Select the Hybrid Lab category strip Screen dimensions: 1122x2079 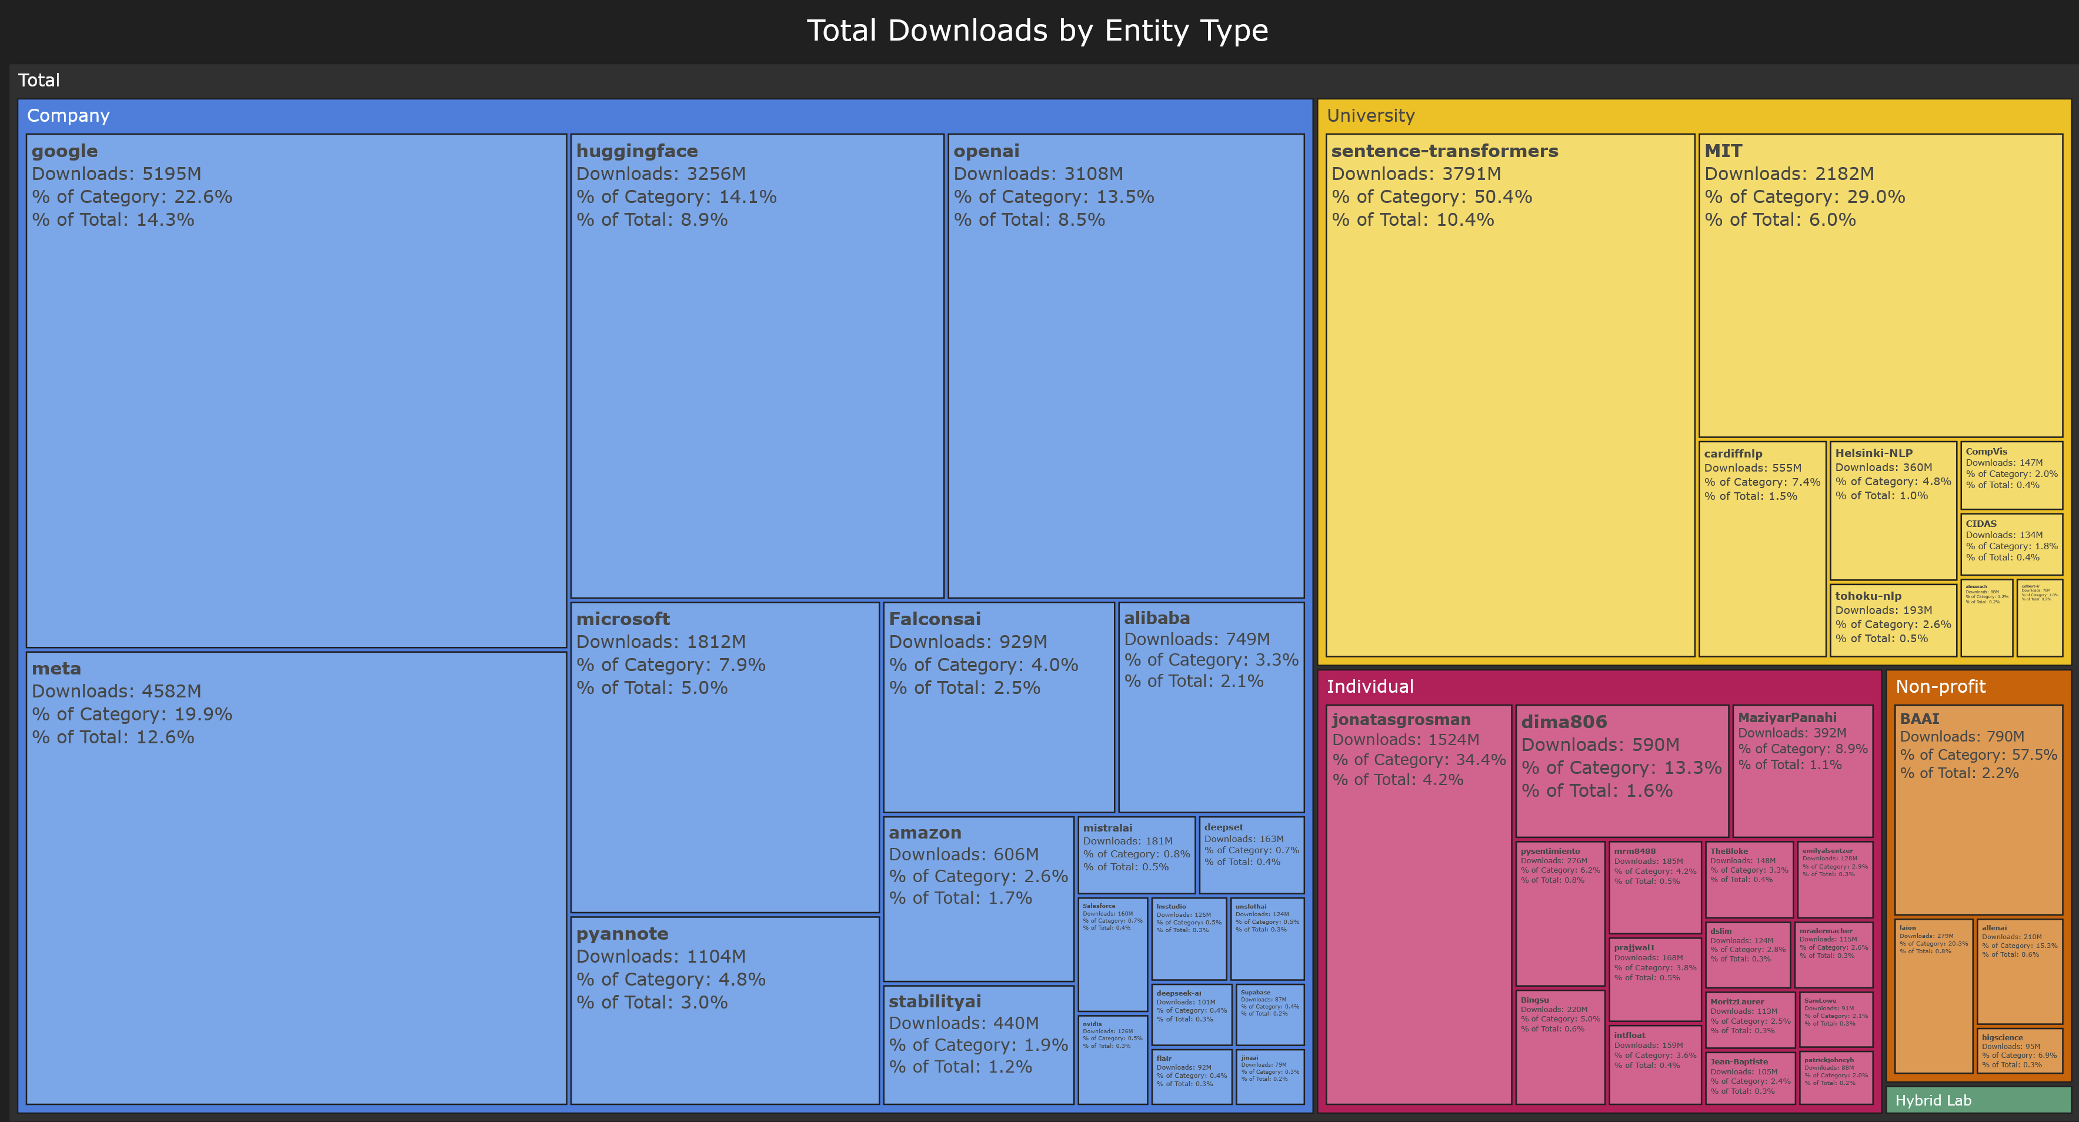click(1977, 1100)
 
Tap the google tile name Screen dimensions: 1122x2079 click(65, 151)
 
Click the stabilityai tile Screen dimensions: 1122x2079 click(978, 1044)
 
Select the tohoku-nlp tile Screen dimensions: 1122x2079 click(1893, 619)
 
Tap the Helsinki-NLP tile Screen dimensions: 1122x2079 click(1893, 510)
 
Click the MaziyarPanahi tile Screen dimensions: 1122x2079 click(1802, 771)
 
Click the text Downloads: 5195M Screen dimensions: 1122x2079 click(116, 173)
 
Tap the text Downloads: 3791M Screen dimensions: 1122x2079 click(1416, 173)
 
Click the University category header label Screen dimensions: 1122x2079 click(1370, 115)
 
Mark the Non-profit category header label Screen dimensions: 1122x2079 click(1940, 686)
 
